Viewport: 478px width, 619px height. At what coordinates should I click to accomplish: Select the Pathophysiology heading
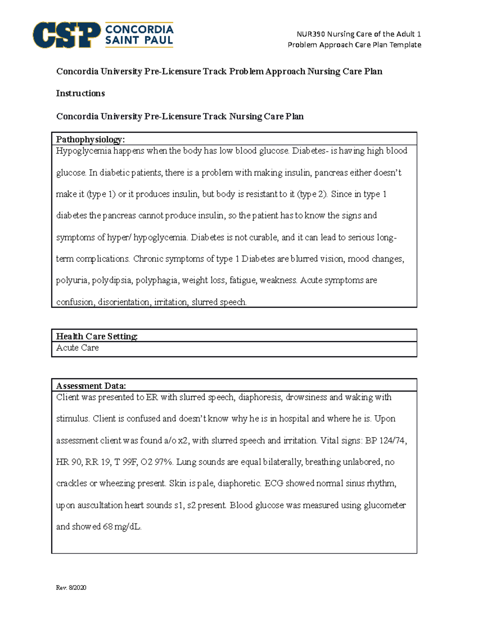pyautogui.click(x=90, y=140)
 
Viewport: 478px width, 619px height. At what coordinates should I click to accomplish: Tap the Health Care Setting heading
pyautogui.click(x=97, y=336)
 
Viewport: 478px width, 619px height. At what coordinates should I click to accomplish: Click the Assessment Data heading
pyautogui.click(x=91, y=386)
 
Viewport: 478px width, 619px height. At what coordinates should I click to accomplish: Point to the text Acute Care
pyautogui.click(x=77, y=348)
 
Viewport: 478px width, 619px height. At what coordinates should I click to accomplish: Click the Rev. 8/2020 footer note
pyautogui.click(x=71, y=588)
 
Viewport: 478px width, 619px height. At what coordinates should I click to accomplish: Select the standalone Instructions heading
pyautogui.click(x=80, y=93)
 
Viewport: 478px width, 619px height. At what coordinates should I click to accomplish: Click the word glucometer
pyautogui.click(x=385, y=505)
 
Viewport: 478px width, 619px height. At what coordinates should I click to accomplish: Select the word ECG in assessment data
pyautogui.click(x=274, y=483)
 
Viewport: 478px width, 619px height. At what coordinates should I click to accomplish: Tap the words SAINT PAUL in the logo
pyautogui.click(x=139, y=40)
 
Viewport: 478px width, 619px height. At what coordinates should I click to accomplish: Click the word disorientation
pyautogui.click(x=124, y=302)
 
